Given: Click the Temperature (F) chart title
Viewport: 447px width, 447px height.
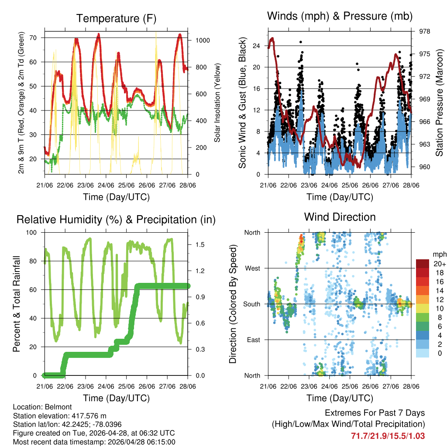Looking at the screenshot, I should tap(116, 18).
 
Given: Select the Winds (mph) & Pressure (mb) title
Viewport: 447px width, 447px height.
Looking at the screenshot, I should tap(340, 17).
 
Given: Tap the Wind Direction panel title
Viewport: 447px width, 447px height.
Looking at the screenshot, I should tap(340, 217).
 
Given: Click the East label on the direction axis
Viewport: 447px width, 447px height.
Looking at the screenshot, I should tap(253, 340).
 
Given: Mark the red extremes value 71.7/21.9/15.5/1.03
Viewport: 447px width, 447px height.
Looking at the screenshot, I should tap(388, 436).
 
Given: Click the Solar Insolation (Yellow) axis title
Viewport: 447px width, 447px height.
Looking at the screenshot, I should tap(217, 102).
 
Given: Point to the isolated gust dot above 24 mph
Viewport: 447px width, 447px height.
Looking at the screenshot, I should tap(300, 42).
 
